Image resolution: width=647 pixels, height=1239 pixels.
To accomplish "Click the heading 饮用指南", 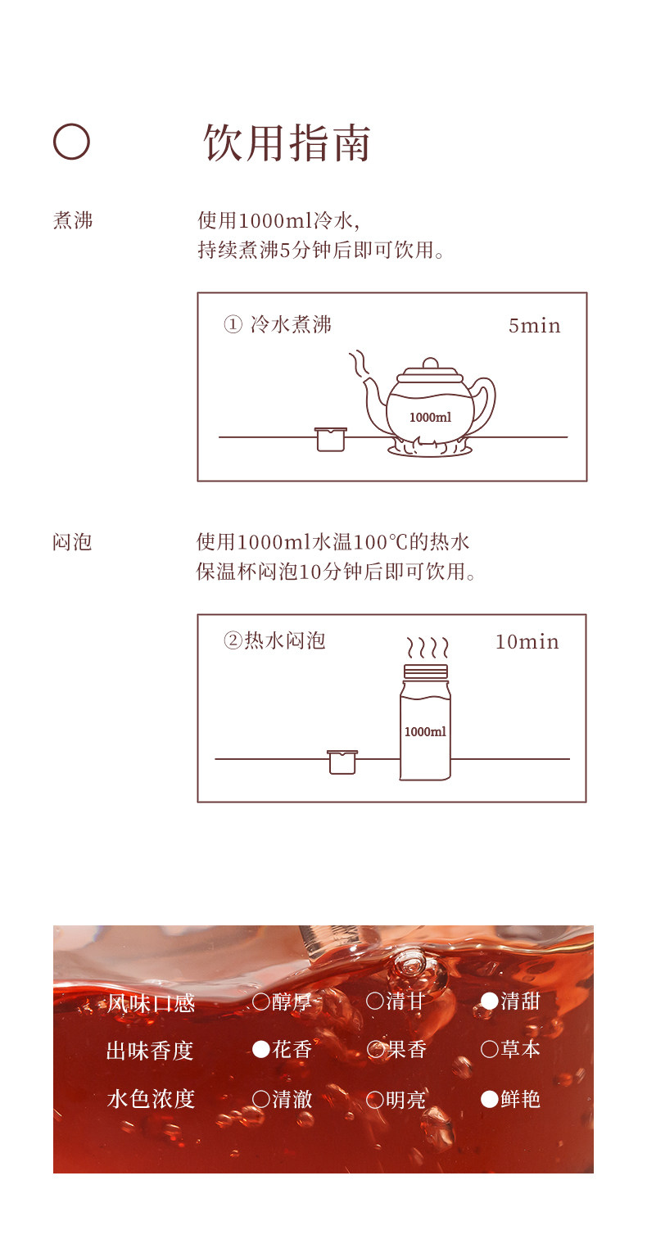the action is [x=287, y=142].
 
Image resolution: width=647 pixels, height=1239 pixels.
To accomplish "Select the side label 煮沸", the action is [x=73, y=220].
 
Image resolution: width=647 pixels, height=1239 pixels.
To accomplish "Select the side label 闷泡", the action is [x=72, y=542].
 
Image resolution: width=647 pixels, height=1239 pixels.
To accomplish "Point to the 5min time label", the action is [x=534, y=326].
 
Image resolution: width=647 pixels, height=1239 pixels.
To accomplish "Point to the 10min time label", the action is [x=527, y=642].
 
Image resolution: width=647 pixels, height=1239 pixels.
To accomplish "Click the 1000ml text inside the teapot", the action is [x=430, y=417].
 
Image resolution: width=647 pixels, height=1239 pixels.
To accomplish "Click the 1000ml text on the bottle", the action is [x=425, y=732].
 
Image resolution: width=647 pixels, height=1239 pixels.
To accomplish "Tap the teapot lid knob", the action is [x=430, y=364].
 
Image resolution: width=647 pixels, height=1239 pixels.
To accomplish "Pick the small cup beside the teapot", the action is [x=331, y=439].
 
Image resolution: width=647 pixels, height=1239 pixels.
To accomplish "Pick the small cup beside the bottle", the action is [x=342, y=762].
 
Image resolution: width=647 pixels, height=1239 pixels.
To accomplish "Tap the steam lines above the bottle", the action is [x=428, y=647].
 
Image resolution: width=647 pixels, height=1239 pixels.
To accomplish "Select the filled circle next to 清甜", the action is [x=490, y=1001].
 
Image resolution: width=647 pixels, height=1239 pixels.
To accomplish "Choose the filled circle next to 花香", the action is [x=261, y=1049].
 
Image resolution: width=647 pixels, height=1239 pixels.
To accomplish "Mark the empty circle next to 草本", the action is [x=490, y=1049].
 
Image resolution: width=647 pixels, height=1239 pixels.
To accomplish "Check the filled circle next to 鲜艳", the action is [x=490, y=1099].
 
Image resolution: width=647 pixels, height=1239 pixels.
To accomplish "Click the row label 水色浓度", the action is [x=151, y=1099].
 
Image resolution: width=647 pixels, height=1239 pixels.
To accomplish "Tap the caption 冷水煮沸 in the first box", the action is [x=291, y=324].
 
